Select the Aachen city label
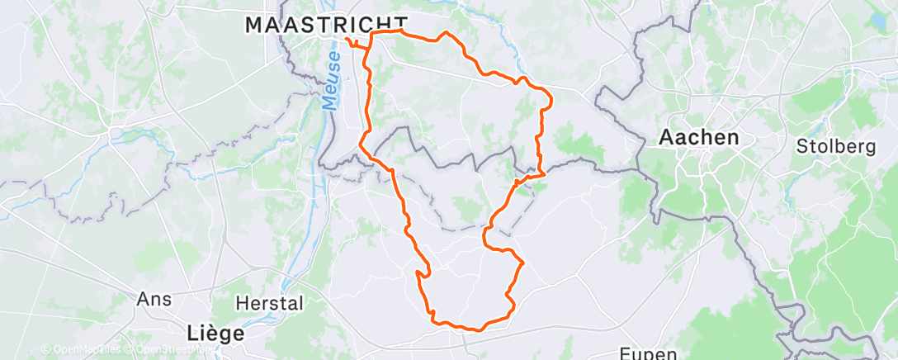pos(699,138)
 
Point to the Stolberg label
pos(836,147)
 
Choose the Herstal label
pos(269,303)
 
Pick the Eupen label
pos(647,353)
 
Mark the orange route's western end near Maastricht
pos(347,40)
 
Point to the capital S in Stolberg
pos(801,147)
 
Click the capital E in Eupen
pos(623,353)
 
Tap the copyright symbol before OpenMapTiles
pos(45,350)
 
